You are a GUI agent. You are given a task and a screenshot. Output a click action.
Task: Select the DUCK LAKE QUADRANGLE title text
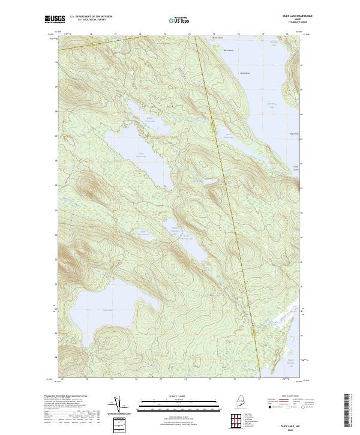[286, 16]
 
